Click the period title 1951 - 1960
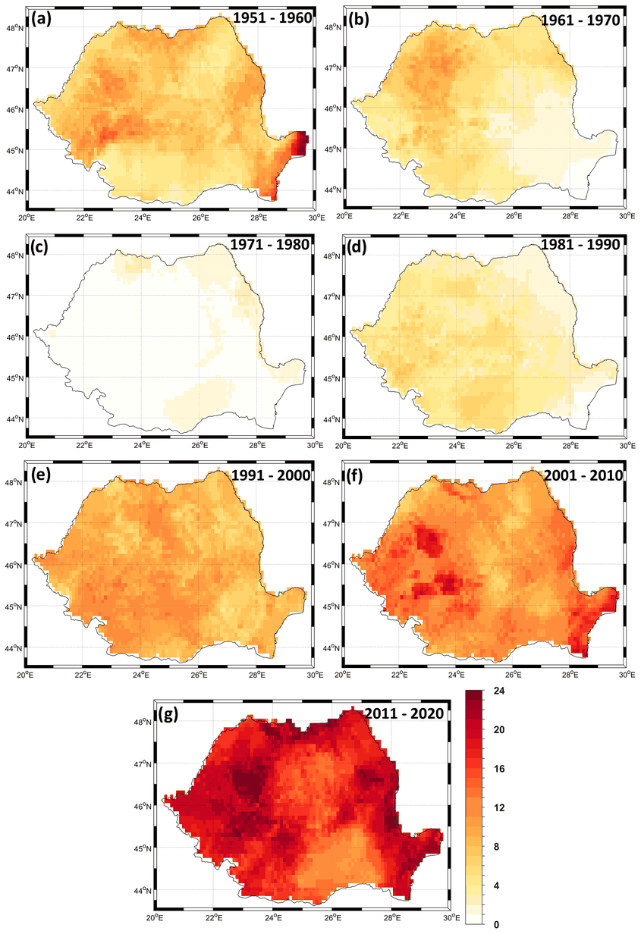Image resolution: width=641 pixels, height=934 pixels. coord(272,19)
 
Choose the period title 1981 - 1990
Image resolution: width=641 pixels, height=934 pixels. coord(581,246)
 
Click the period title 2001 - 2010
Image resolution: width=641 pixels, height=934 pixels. coord(583,476)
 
